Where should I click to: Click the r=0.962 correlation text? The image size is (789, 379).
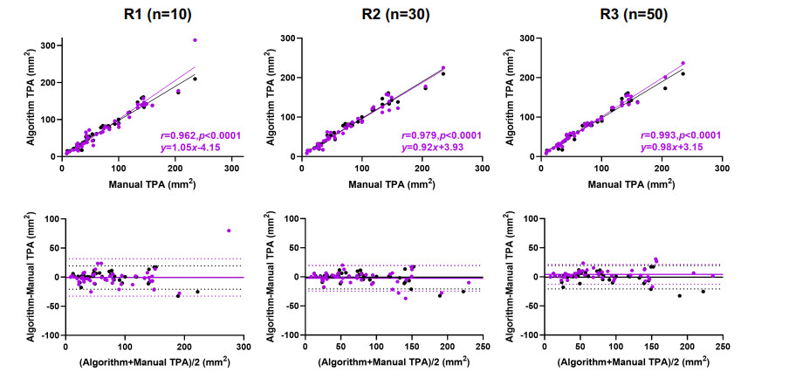(202, 135)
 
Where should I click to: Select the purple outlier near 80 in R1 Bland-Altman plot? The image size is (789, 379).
(229, 231)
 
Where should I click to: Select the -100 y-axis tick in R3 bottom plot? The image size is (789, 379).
(527, 334)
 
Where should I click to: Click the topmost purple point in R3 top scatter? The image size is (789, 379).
(683, 63)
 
